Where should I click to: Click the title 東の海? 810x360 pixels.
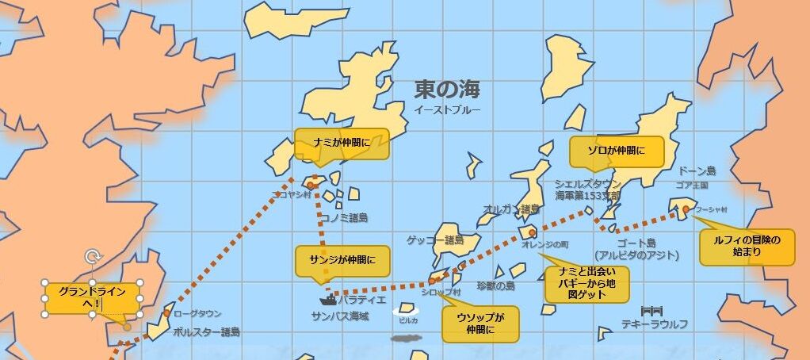tap(447, 89)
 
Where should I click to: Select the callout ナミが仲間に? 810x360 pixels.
tap(341, 144)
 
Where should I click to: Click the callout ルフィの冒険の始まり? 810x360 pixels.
tap(746, 247)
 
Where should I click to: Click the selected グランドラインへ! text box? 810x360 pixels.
tap(93, 298)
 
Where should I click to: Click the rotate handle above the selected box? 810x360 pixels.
tap(93, 256)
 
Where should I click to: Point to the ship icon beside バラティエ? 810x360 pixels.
tap(328, 301)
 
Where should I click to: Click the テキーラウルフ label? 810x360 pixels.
tap(654, 324)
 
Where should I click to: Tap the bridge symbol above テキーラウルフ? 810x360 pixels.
tap(651, 310)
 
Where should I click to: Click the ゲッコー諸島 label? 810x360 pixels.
tap(434, 239)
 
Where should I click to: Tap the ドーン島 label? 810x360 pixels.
tap(697, 171)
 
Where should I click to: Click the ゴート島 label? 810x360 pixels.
tap(636, 243)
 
